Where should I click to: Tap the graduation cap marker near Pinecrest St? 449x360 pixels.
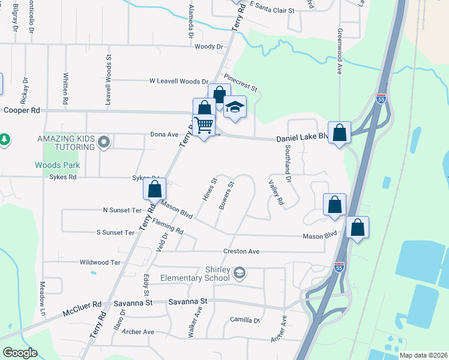(x=235, y=107)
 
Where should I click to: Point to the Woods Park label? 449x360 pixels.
(x=58, y=165)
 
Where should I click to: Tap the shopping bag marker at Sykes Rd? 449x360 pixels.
(x=155, y=189)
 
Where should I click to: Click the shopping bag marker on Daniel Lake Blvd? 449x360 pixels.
(x=340, y=133)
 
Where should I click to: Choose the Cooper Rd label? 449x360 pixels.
(x=21, y=110)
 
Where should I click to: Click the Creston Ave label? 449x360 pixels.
(x=241, y=251)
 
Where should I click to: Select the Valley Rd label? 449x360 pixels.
(x=276, y=193)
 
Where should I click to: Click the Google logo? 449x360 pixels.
(x=20, y=353)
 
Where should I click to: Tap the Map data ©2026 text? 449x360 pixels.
(x=423, y=355)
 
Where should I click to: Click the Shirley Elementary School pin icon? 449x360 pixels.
(x=240, y=274)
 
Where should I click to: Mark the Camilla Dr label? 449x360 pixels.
(x=244, y=320)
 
